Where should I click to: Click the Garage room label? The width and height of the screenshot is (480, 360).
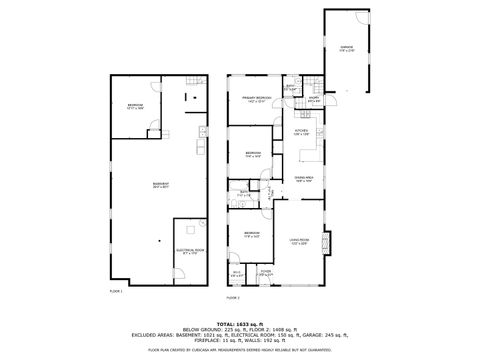tap(346, 47)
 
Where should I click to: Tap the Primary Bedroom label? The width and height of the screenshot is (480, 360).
tap(256, 99)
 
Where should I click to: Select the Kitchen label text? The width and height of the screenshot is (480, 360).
tap(300, 131)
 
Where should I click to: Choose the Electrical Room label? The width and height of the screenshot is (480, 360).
tap(190, 251)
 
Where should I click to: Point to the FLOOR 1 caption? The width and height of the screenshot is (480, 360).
tap(114, 291)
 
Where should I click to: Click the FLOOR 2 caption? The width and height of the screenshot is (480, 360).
tap(233, 298)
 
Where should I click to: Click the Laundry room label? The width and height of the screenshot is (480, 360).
tap(313, 99)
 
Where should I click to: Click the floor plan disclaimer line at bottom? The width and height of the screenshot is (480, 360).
tap(240, 351)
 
